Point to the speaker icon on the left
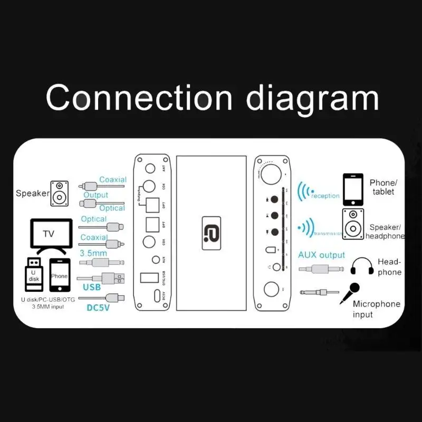[x=60, y=194]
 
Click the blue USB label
[x=92, y=287]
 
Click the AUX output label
[x=322, y=255]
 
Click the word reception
[x=325, y=196]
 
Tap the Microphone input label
[x=376, y=309]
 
